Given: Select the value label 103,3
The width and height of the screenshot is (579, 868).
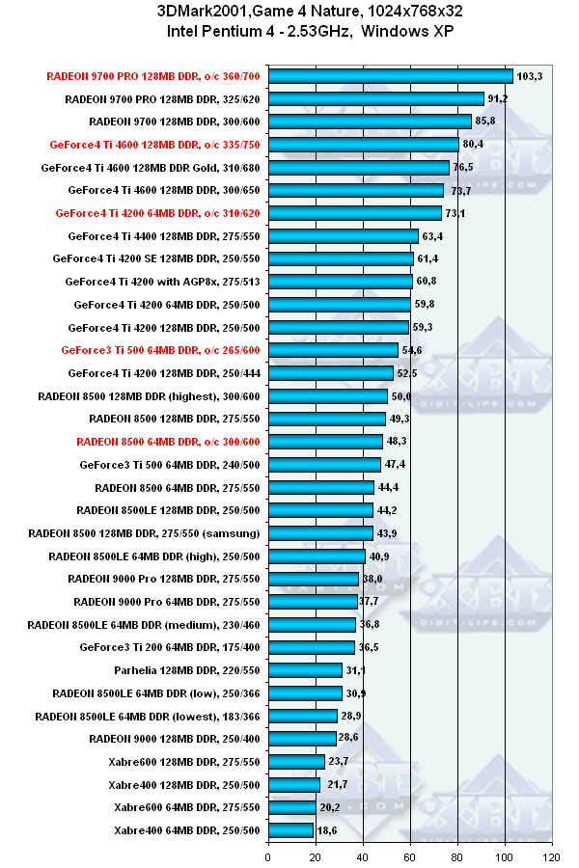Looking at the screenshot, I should click(x=530, y=76).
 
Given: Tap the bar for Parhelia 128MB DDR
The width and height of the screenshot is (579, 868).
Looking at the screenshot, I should click(x=305, y=670).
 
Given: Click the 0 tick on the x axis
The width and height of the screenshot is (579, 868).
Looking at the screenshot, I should click(x=268, y=854).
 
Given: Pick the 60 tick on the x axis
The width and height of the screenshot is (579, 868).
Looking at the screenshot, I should click(x=410, y=854).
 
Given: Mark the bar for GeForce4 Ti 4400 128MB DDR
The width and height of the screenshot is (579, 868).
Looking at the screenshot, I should click(x=344, y=236).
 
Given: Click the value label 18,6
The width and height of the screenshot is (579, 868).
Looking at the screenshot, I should click(x=328, y=830).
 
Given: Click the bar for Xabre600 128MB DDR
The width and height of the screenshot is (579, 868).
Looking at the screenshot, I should click(x=296, y=762).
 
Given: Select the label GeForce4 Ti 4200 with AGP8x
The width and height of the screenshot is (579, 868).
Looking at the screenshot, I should click(x=164, y=282).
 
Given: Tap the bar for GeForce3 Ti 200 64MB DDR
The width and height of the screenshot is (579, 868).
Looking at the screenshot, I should click(x=312, y=647).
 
